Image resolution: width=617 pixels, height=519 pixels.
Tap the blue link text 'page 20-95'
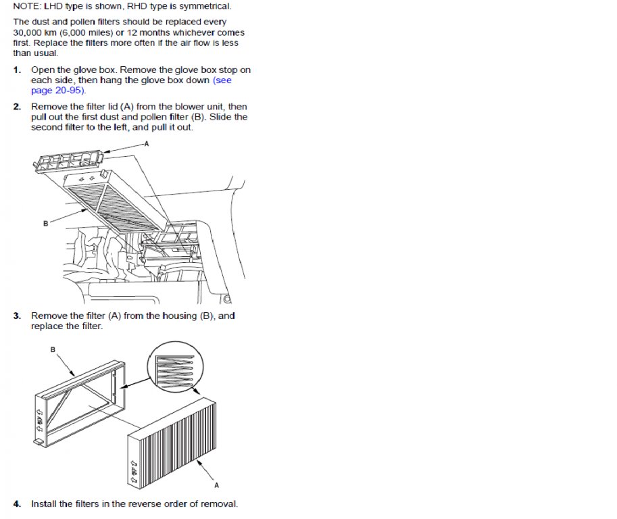pyautogui.click(x=57, y=91)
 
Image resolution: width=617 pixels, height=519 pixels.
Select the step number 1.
pyautogui.click(x=16, y=70)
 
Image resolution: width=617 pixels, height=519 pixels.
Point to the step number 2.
pyautogui.click(x=16, y=107)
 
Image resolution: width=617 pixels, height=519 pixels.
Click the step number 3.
pyautogui.click(x=16, y=316)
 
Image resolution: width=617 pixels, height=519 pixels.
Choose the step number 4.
pyautogui.click(x=16, y=504)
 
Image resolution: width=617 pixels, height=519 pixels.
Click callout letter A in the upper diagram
pyautogui.click(x=147, y=144)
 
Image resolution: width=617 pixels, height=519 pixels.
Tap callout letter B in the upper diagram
pyautogui.click(x=46, y=224)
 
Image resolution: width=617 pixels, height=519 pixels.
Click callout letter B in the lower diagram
pyautogui.click(x=53, y=349)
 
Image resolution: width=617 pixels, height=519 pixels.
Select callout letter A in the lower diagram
pyautogui.click(x=216, y=486)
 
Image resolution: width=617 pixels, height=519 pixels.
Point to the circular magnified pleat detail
pyautogui.click(x=176, y=368)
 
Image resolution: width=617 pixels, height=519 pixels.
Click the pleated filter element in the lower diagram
pyautogui.click(x=172, y=443)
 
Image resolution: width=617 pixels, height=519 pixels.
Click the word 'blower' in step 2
pyautogui.click(x=189, y=107)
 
